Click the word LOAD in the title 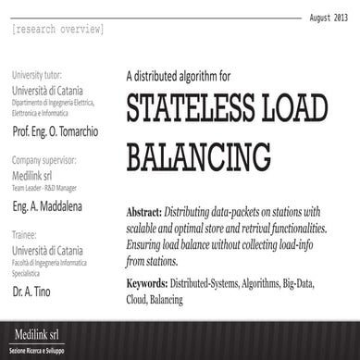click(314, 108)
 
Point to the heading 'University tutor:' click(42, 74)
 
